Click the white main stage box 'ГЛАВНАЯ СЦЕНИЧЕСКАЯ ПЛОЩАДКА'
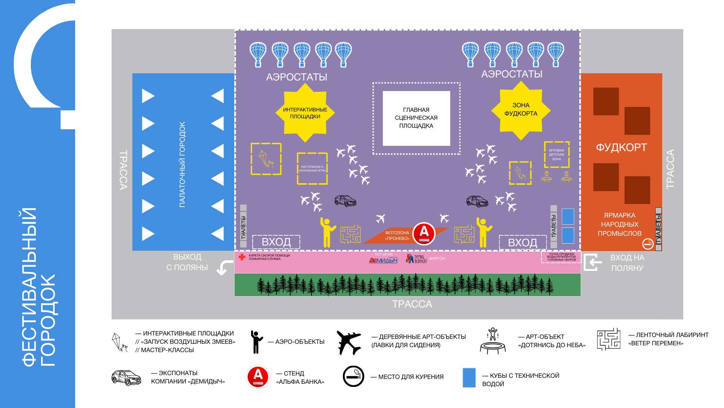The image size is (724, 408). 416,118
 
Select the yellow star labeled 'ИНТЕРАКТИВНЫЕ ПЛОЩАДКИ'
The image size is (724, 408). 305,113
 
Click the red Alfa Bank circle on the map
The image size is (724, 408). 424,233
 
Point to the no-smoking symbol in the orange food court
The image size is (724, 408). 648,244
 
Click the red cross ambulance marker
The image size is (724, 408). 242,257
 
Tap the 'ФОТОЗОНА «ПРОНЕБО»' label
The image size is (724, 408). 397,236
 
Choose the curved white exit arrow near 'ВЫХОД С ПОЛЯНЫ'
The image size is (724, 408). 225,267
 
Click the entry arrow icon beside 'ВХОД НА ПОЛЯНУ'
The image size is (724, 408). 592,262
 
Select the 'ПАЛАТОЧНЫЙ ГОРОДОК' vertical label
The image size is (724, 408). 183,164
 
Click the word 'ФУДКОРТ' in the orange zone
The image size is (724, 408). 621,147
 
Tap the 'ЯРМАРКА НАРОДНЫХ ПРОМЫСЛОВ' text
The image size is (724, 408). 620,224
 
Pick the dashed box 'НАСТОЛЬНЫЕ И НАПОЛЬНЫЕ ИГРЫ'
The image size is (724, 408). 312,168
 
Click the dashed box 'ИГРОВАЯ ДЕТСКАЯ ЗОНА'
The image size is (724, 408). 557,155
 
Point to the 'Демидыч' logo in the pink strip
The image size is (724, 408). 383,260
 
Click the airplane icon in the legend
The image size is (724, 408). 349,342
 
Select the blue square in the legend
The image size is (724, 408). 469,378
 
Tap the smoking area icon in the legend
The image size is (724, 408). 353,376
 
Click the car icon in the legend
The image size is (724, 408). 126,377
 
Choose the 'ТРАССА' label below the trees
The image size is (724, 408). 412,304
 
